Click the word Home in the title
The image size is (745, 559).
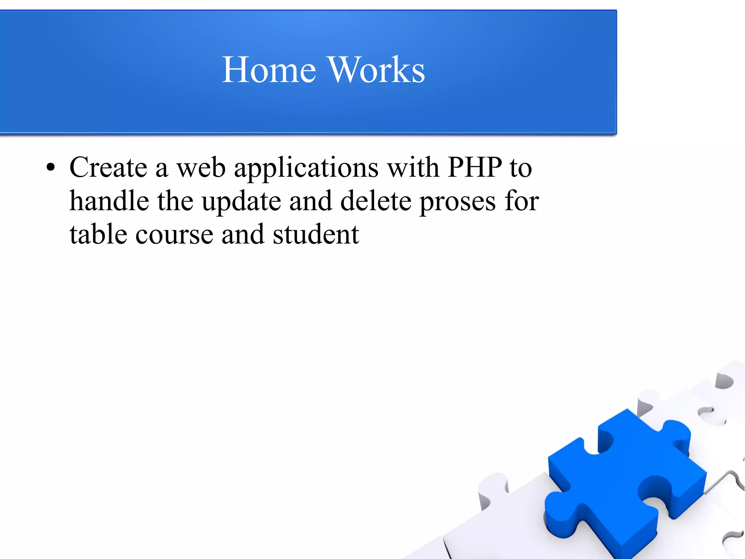click(269, 70)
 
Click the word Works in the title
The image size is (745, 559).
click(377, 70)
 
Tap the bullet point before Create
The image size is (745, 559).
click(51, 168)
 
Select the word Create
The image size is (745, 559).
click(108, 168)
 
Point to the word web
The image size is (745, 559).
click(201, 168)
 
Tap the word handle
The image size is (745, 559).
click(109, 201)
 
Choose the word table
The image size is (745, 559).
click(98, 234)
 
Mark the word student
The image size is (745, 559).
click(316, 234)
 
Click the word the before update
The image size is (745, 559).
click(175, 201)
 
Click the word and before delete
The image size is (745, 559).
click(311, 201)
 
